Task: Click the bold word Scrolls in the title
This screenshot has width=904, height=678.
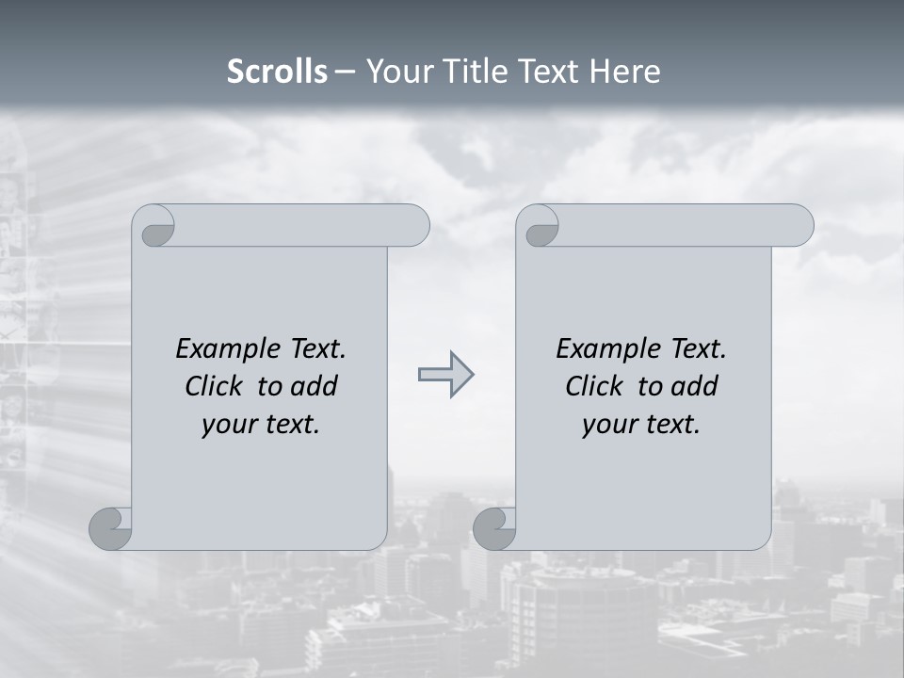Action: (x=278, y=72)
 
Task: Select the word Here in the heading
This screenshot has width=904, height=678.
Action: (x=624, y=72)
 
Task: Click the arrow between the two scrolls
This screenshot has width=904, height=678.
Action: (x=445, y=375)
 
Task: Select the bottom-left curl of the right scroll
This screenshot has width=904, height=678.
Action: (x=494, y=528)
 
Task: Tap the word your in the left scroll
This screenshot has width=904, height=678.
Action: (x=228, y=425)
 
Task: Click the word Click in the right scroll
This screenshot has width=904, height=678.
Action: (x=594, y=386)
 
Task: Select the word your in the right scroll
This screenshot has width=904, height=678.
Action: (x=608, y=425)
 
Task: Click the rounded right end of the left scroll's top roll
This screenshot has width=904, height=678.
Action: (x=412, y=226)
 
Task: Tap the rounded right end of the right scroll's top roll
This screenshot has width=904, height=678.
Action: (x=797, y=226)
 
